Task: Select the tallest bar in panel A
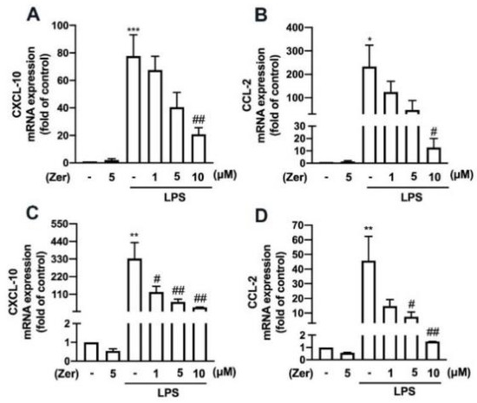[x=134, y=109]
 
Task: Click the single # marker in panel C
[x=156, y=279]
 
